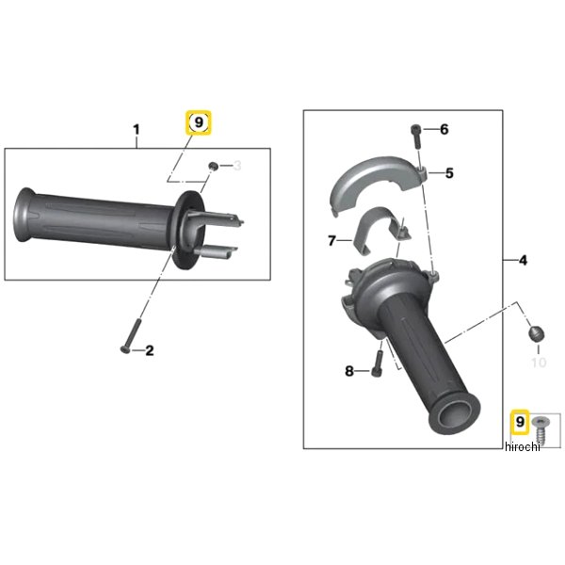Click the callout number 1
tap(137, 130)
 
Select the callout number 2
tap(150, 350)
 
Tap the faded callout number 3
tap(237, 166)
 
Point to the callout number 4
tap(523, 260)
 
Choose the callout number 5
tap(449, 173)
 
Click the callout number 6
tap(444, 129)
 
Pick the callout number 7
tap(331, 240)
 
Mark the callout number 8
tap(349, 371)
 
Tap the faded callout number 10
tap(539, 363)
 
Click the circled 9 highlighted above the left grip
tap(199, 122)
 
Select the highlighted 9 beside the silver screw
tap(520, 421)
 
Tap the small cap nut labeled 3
tap(214, 167)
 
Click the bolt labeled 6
tap(416, 136)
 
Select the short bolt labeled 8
tap(377, 363)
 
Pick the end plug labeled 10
tap(536, 333)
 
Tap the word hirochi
tap(523, 446)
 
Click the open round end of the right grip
tap(454, 413)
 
